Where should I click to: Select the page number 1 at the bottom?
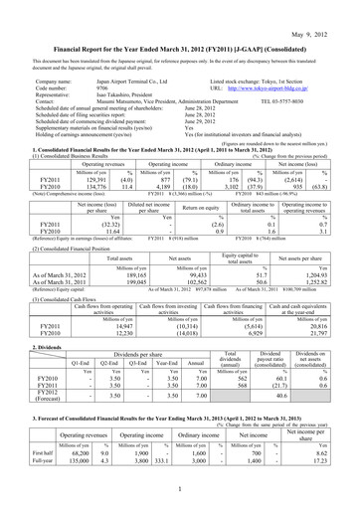pos(179,491)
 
